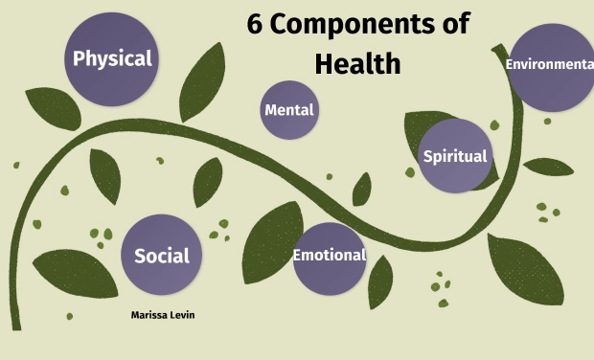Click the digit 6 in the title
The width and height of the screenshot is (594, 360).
click(255, 26)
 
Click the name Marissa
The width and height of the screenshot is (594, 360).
click(149, 314)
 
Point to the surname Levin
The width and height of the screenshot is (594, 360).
click(182, 314)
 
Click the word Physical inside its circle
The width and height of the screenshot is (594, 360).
click(112, 58)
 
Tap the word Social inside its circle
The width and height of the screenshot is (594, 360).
click(161, 256)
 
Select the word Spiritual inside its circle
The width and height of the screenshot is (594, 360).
click(455, 156)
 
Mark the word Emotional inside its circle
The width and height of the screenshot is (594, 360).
click(329, 256)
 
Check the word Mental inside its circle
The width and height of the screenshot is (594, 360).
click(288, 110)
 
